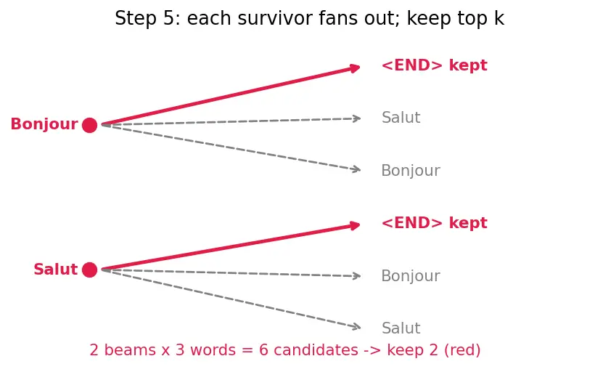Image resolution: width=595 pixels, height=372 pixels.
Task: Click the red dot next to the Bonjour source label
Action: (x=89, y=125)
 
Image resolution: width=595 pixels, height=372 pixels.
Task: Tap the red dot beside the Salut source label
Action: (x=89, y=270)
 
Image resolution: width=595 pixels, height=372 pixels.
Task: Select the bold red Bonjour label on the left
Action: (x=44, y=124)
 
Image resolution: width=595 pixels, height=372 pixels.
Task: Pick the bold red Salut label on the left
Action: (x=55, y=270)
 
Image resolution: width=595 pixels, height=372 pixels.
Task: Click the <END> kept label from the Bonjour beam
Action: (x=434, y=65)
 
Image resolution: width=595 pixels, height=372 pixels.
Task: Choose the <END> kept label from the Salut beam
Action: (x=434, y=223)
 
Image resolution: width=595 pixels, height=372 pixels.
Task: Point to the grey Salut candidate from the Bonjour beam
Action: (x=401, y=118)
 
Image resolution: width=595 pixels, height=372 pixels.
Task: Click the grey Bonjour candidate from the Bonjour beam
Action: (x=411, y=171)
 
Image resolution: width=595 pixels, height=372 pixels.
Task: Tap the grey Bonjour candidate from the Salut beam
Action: (x=411, y=276)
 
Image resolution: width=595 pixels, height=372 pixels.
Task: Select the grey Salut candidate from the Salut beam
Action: (x=401, y=328)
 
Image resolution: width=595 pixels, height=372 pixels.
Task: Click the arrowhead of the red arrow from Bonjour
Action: (x=355, y=68)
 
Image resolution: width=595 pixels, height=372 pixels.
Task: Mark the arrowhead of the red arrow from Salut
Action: (x=355, y=226)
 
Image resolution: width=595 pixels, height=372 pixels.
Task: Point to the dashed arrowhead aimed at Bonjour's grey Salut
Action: (x=357, y=118)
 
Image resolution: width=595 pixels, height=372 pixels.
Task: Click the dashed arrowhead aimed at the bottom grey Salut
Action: (x=356, y=326)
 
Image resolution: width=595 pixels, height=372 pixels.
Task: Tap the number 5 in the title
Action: (x=168, y=19)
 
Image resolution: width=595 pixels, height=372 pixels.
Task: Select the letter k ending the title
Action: (x=499, y=18)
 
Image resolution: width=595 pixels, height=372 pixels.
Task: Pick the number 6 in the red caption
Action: (x=263, y=350)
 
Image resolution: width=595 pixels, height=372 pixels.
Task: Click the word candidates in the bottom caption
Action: (x=316, y=350)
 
